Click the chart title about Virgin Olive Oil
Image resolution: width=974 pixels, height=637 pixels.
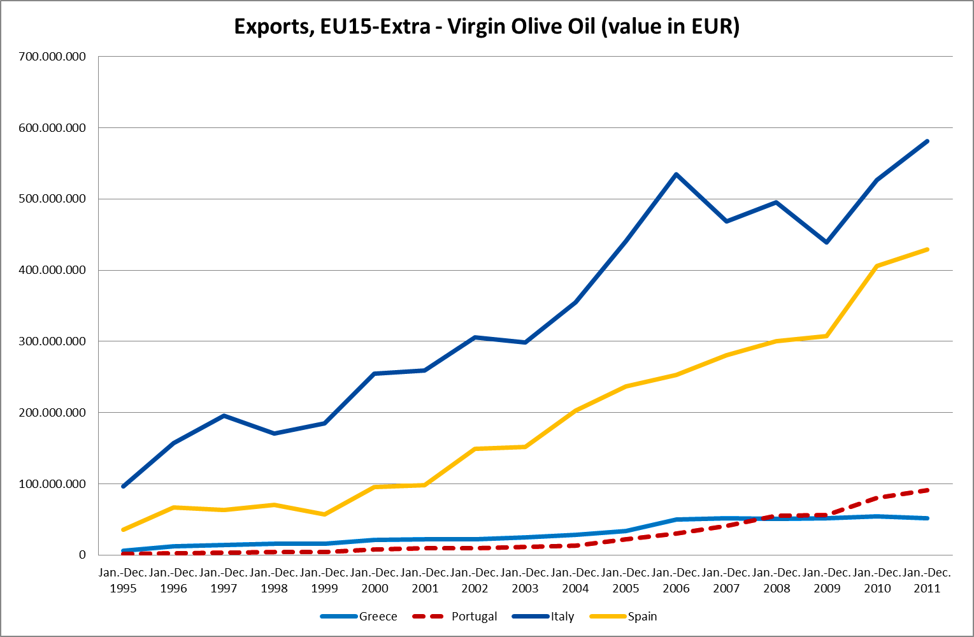pyautogui.click(x=487, y=27)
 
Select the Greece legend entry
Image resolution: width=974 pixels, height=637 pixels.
pyautogui.click(x=378, y=616)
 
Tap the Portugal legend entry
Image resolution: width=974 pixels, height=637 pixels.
pyautogui.click(x=474, y=616)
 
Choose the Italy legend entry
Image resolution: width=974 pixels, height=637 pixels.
pyautogui.click(x=562, y=616)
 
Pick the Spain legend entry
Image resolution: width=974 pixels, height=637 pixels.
pyautogui.click(x=642, y=616)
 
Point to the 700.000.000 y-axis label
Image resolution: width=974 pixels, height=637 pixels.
pyautogui.click(x=52, y=57)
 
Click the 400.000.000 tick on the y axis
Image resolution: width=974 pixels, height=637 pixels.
pyautogui.click(x=52, y=270)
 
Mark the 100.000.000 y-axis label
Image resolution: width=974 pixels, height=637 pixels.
pyautogui.click(x=52, y=484)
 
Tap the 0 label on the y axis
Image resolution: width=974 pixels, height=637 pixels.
pyautogui.click(x=82, y=555)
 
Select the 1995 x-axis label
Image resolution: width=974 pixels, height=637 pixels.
pyautogui.click(x=123, y=588)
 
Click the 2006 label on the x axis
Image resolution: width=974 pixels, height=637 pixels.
pyautogui.click(x=676, y=588)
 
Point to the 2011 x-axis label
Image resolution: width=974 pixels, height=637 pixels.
pyautogui.click(x=927, y=588)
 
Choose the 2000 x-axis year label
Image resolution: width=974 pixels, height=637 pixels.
pyautogui.click(x=375, y=588)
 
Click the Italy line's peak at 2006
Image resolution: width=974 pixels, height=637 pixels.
pyautogui.click(x=676, y=174)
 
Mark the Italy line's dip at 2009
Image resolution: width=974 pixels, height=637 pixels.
pyautogui.click(x=827, y=242)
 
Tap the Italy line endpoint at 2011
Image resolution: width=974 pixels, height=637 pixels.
pyautogui.click(x=927, y=141)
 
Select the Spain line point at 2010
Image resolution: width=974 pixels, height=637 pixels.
pyautogui.click(x=877, y=266)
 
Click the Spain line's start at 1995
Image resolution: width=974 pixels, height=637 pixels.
pyautogui.click(x=123, y=529)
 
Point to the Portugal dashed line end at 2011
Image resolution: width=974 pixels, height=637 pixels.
pyautogui.click(x=927, y=490)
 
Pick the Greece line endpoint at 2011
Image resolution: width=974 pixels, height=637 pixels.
pyautogui.click(x=927, y=518)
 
